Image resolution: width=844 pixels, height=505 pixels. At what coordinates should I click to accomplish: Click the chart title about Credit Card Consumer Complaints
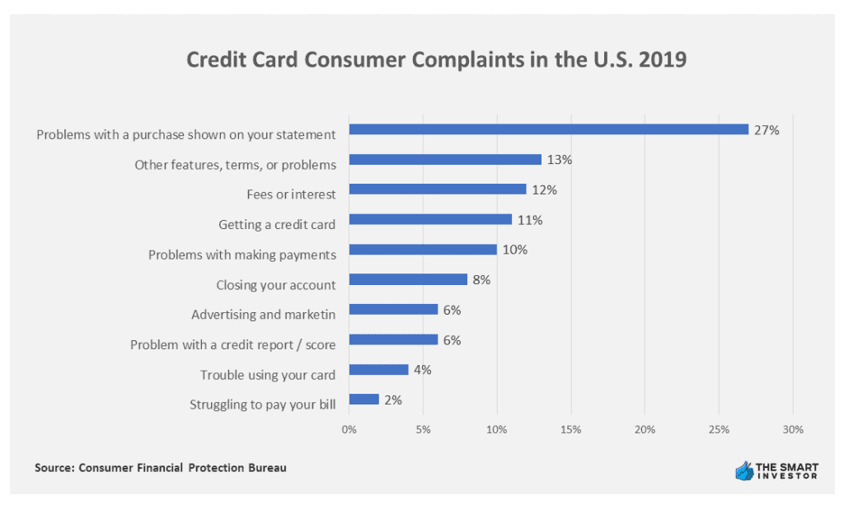pos(436,61)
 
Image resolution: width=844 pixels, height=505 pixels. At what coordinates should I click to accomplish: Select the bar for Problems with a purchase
pos(548,129)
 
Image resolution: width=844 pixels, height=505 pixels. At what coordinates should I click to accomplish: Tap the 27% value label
pos(766,129)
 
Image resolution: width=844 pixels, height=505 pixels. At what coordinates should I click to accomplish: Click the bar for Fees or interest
pos(437,189)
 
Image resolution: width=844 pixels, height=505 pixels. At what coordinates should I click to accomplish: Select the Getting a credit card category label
pos(277,224)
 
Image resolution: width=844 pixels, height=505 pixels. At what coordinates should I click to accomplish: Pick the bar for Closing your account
pos(408,279)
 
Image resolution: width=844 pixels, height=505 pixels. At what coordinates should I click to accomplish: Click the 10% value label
pos(514,250)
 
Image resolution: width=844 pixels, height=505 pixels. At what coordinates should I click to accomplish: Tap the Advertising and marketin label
pos(264,315)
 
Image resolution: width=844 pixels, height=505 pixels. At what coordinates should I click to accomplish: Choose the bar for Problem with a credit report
pos(393,339)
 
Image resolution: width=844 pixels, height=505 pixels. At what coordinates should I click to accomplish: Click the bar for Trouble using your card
pos(378,369)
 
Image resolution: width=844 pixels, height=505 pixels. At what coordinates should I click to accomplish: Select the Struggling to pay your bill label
pos(262,404)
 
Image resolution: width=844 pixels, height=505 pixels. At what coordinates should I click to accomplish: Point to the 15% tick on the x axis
pos(570,429)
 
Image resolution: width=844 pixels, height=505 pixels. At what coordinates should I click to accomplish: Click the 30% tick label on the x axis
pos(792,429)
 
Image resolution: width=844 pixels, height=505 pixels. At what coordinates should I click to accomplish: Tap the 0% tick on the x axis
pos(349,429)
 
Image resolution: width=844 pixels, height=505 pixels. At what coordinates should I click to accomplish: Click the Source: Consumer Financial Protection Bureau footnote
pos(161,468)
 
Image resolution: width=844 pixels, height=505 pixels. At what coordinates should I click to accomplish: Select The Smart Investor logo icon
pos(744,470)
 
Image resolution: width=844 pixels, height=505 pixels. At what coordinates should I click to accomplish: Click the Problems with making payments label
pos(242,255)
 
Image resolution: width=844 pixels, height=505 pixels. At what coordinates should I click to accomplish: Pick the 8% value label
pos(481,280)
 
